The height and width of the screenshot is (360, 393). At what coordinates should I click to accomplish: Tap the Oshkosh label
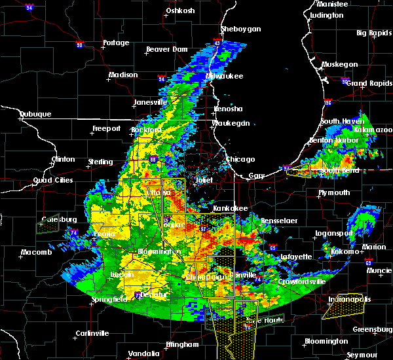pyautogui.click(x=181, y=10)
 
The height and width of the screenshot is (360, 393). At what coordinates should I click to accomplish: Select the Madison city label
pyautogui.click(x=123, y=75)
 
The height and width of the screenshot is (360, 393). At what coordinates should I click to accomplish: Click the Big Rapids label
pyautogui.click(x=371, y=33)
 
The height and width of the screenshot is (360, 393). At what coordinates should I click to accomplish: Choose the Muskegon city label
pyautogui.click(x=340, y=64)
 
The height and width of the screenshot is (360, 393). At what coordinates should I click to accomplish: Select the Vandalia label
pyautogui.click(x=143, y=353)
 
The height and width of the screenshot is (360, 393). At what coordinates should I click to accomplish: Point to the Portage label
pyautogui.click(x=116, y=43)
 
